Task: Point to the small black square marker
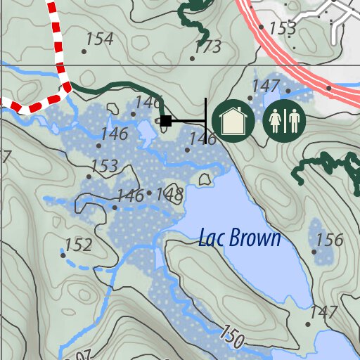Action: [x=165, y=121]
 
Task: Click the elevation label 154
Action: [x=100, y=39]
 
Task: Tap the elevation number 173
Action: [x=208, y=47]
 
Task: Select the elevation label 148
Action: [x=169, y=193]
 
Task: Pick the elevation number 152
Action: [x=78, y=245]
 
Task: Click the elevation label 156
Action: [x=329, y=240]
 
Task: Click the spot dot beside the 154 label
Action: [x=84, y=51]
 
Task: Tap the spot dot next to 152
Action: [x=63, y=255]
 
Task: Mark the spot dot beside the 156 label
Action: [x=314, y=251]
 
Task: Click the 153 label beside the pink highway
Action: [x=283, y=29]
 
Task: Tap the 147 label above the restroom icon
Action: [x=266, y=86]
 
